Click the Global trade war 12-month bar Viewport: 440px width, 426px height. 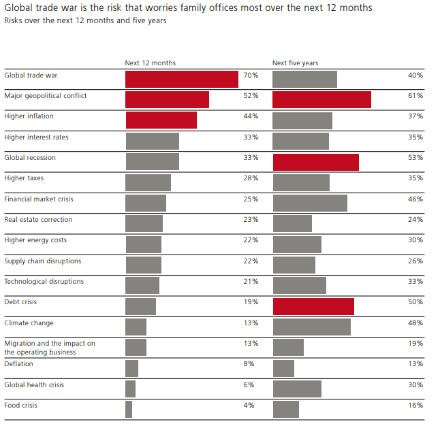(182, 79)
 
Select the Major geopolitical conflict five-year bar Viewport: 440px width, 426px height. (321, 99)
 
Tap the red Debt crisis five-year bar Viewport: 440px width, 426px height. (313, 306)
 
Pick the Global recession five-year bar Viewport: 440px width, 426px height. (315, 162)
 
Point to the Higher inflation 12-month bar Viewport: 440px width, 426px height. (161, 120)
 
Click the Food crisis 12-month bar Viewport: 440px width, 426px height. (129, 409)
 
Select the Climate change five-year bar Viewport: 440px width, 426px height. (311, 327)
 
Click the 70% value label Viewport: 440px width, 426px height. (251, 75)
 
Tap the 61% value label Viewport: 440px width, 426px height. (415, 96)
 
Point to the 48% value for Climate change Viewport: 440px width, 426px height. (415, 323)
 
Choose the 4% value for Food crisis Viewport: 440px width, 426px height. (249, 406)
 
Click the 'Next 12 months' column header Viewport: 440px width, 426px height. (150, 63)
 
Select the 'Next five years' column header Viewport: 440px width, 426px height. (295, 63)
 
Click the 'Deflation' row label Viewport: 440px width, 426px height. (18, 364)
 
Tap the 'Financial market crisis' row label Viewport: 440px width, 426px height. (39, 199)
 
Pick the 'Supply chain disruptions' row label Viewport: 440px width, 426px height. (43, 261)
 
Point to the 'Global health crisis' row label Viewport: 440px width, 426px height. (34, 384)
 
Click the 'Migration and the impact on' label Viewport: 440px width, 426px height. (50, 344)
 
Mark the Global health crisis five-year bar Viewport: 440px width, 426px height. (297, 389)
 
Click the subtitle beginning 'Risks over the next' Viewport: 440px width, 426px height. (85, 20)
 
